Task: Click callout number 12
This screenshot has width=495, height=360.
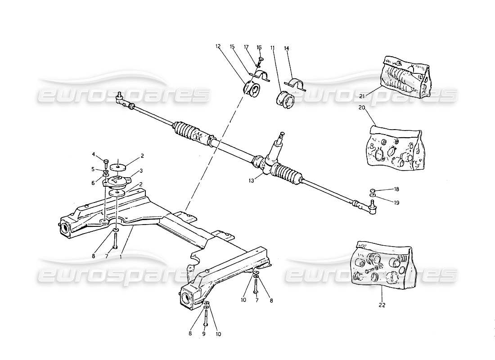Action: tap(218, 46)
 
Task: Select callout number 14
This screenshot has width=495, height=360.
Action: tap(286, 47)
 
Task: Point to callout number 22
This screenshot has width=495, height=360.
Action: tap(382, 305)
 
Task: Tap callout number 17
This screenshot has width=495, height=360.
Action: tap(247, 46)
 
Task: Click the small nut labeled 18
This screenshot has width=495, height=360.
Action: tap(373, 189)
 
